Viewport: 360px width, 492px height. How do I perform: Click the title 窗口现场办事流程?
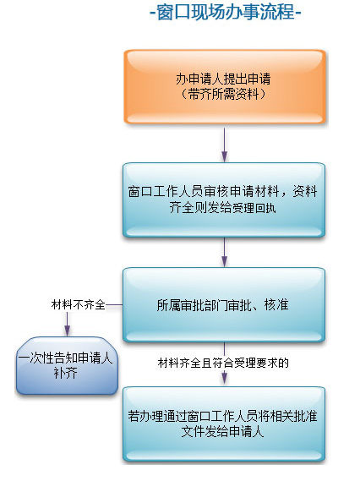point(226,12)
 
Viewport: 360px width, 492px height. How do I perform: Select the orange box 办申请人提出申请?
point(225,86)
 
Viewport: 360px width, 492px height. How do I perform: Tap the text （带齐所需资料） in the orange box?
point(223,94)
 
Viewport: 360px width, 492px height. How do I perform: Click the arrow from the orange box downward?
point(224,145)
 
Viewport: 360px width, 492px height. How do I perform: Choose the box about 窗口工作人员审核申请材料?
point(224,200)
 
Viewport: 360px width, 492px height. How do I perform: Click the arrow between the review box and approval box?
point(224,252)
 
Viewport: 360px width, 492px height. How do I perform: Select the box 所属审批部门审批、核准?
point(224,304)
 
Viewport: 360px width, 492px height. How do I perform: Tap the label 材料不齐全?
point(78,304)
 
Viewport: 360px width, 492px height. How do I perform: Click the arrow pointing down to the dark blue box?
point(67,324)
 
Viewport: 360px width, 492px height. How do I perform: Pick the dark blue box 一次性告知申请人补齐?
point(67,365)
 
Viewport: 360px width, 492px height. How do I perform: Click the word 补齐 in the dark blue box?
point(66,373)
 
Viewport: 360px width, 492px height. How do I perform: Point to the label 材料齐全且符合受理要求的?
point(223,363)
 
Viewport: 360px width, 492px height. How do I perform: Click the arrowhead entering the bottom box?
point(224,378)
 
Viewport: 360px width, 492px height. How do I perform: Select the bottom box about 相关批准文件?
point(224,424)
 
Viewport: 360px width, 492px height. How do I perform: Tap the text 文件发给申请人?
point(222,432)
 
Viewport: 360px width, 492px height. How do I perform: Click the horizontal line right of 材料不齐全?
point(114,304)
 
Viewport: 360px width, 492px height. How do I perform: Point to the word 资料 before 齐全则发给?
point(305,191)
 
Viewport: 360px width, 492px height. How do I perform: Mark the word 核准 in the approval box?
point(276,304)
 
